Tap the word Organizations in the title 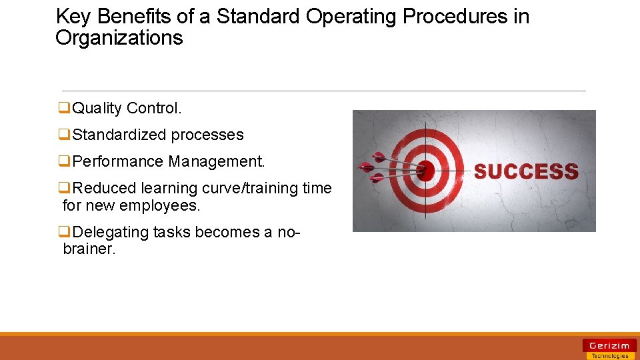(x=119, y=38)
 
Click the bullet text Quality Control (x=126, y=108)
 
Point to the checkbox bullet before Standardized (x=65, y=135)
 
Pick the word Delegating (x=111, y=232)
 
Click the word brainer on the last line (x=89, y=249)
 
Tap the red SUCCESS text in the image (x=526, y=171)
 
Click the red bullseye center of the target (x=425, y=171)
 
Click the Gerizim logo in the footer (x=609, y=345)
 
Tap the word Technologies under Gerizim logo (x=609, y=356)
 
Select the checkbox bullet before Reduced (x=65, y=188)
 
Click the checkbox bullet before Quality (x=65, y=108)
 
